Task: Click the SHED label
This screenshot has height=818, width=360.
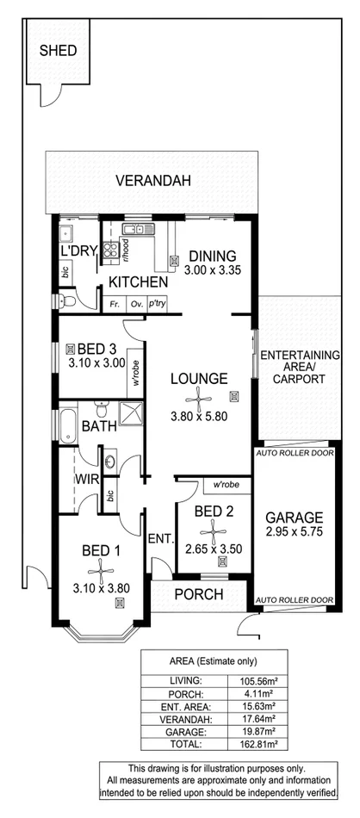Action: click(x=59, y=51)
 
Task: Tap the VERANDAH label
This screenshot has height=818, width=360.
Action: click(x=154, y=181)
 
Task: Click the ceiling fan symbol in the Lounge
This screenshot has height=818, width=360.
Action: click(x=199, y=397)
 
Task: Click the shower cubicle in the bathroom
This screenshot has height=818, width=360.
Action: click(x=130, y=412)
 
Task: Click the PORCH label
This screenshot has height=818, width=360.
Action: click(x=199, y=595)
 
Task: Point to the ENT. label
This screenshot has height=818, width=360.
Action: click(x=160, y=540)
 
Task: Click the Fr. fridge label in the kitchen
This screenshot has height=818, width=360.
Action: click(x=113, y=304)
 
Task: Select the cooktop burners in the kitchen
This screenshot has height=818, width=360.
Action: click(x=111, y=251)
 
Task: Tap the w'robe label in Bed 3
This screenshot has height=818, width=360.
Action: click(x=135, y=371)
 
